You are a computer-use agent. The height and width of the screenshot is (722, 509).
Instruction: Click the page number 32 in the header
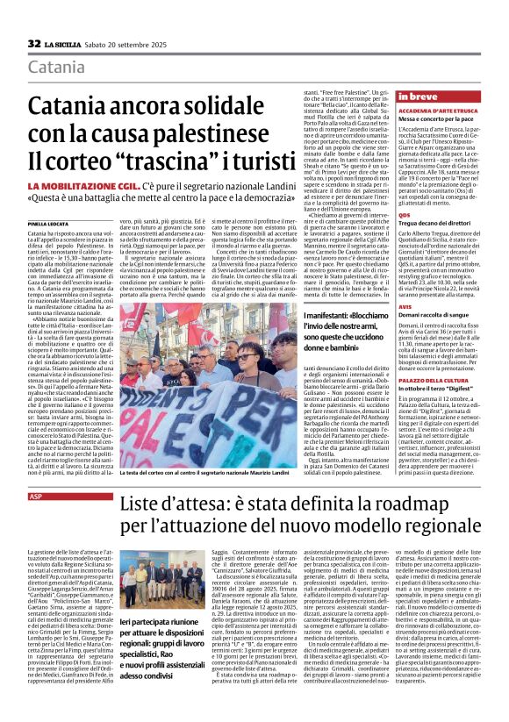click(x=34, y=43)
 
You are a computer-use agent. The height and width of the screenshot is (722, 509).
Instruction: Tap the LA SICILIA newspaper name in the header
click(x=65, y=43)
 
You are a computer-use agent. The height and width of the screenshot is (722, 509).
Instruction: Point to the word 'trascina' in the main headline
click(x=174, y=162)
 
